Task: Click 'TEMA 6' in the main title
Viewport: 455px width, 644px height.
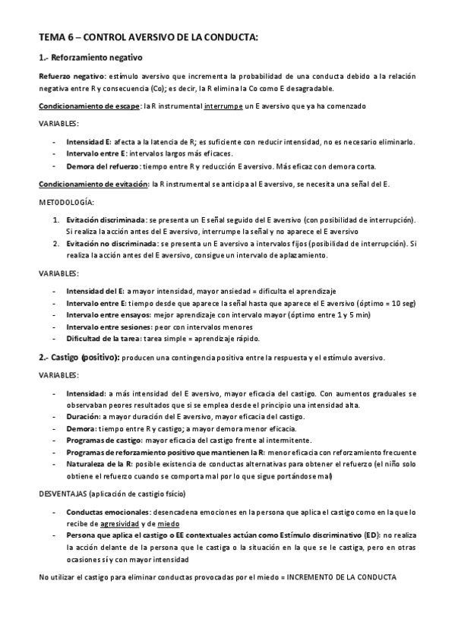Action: [x=55, y=38]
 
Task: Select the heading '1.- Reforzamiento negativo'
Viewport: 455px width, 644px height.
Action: [x=90, y=58]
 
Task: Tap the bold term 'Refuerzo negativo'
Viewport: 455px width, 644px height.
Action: [x=71, y=77]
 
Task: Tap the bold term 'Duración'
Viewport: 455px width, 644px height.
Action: [x=83, y=418]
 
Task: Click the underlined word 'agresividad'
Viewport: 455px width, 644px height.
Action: [x=120, y=523]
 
